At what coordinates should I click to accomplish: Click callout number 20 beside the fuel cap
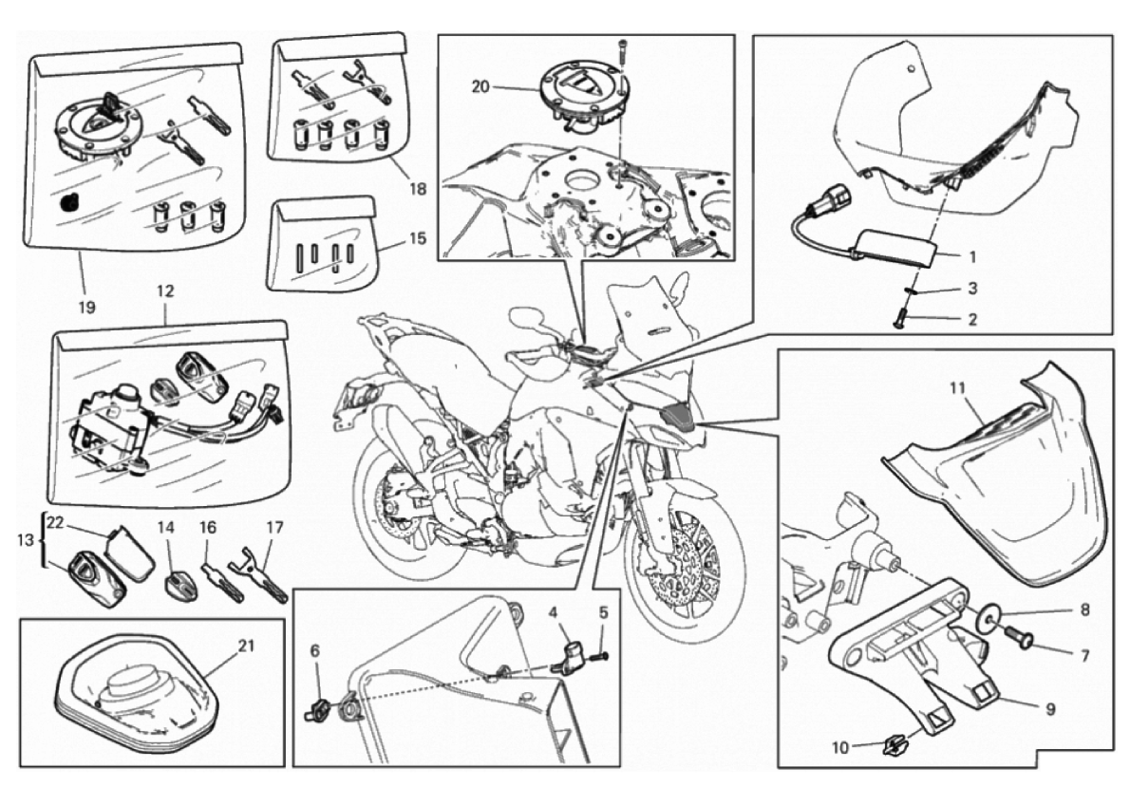(480, 87)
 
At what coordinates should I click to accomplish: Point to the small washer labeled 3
(911, 291)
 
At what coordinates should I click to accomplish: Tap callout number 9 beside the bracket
(1050, 710)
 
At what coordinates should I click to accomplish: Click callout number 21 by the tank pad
(247, 646)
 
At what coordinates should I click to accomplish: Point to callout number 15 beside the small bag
(417, 238)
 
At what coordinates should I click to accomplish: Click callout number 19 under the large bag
(86, 308)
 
